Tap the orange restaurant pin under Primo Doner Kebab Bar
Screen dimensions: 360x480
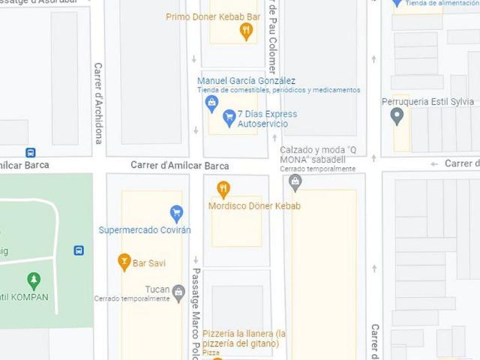pos(245,31)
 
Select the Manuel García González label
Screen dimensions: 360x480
pos(246,81)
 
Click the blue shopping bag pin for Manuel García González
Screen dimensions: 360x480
pos(211,103)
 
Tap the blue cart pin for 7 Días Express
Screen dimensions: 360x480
pos(229,118)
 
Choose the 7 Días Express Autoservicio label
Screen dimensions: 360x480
pos(267,118)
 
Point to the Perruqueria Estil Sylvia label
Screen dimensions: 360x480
pos(427,101)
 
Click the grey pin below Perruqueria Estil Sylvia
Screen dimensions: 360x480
pos(397,115)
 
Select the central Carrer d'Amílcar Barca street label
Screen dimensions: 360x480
pos(180,166)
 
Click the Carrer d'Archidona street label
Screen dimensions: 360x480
pos(98,103)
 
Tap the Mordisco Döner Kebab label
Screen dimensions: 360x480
pos(254,206)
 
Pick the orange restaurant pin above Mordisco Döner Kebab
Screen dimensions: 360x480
pos(223,189)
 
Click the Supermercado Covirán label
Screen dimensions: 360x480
pos(145,229)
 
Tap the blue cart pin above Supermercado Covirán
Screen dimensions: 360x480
pos(176,214)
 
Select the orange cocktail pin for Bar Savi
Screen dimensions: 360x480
pos(124,262)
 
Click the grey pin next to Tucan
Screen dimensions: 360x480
pos(178,292)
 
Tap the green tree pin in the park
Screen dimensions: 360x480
pos(33,281)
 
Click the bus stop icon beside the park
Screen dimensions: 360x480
pos(79,250)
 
